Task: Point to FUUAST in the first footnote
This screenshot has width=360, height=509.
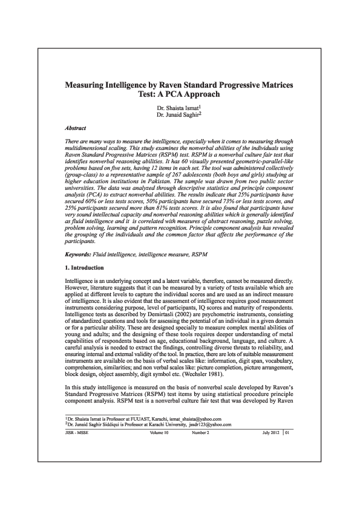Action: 129,451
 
